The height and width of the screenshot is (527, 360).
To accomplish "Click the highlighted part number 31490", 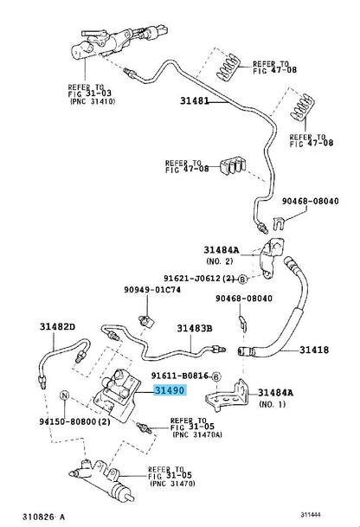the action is [x=170, y=390].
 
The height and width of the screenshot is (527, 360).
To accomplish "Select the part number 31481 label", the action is [x=195, y=100].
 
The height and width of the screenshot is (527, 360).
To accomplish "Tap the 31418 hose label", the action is [x=314, y=350].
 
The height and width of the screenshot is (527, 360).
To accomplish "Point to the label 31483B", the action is [x=195, y=328].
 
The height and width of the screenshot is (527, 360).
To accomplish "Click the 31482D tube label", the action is [x=57, y=326].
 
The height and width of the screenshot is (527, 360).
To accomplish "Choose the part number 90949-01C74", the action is [x=152, y=289].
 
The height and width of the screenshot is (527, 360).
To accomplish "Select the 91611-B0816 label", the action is [x=180, y=376].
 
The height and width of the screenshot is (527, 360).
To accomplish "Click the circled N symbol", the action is [x=64, y=395].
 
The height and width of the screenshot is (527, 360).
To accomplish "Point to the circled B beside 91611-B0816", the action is [x=216, y=376].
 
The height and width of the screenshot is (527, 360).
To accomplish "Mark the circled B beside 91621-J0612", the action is [x=242, y=279].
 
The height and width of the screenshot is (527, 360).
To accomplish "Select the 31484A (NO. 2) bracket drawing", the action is [x=271, y=258].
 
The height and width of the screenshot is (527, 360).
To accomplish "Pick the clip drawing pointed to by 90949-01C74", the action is [x=146, y=322].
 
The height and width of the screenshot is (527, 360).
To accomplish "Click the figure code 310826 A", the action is [x=43, y=517].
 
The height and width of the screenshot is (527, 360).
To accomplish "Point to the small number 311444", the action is [x=311, y=515].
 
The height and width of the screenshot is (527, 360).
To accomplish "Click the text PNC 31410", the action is [x=93, y=101].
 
